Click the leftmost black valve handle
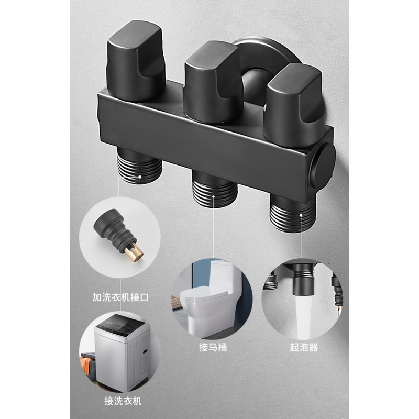(135, 61)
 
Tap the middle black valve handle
(213, 83)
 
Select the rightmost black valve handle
(294, 104)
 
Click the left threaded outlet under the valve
(140, 166)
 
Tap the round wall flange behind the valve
(267, 53)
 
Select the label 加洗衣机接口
(120, 297)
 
